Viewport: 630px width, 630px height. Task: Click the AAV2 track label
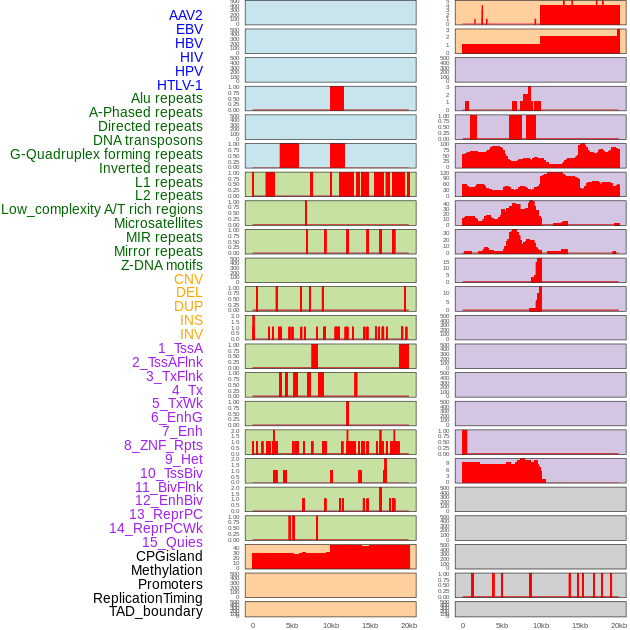pyautogui.click(x=186, y=15)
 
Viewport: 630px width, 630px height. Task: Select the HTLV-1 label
pyautogui.click(x=180, y=85)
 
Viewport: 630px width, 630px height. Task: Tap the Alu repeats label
pyautogui.click(x=167, y=98)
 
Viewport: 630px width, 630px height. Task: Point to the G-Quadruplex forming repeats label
pyautogui.click(x=106, y=154)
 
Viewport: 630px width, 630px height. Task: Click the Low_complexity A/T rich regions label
pyautogui.click(x=102, y=209)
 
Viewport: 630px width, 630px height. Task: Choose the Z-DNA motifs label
pyautogui.click(x=162, y=265)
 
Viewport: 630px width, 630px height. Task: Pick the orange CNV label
pyautogui.click(x=188, y=279)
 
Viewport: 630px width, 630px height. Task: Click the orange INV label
pyautogui.click(x=191, y=334)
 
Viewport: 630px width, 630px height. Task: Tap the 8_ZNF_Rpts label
pyautogui.click(x=163, y=445)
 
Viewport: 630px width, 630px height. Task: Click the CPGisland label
pyautogui.click(x=169, y=556)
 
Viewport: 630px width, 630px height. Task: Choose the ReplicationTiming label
pyautogui.click(x=148, y=598)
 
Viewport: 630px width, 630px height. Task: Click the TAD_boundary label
pyautogui.click(x=156, y=611)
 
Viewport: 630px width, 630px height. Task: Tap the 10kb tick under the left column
pyautogui.click(x=331, y=625)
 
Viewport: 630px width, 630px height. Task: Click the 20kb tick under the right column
pyautogui.click(x=619, y=625)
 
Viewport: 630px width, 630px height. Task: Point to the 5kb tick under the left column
pyautogui.click(x=292, y=625)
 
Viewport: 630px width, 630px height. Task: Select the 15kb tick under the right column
pyautogui.click(x=580, y=625)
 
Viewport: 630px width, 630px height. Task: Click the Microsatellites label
pyautogui.click(x=158, y=223)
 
